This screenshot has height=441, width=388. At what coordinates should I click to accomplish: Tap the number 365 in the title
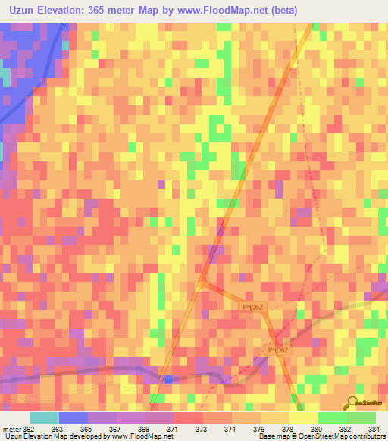point(99,10)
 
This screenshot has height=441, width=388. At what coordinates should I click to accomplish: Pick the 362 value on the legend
point(29,429)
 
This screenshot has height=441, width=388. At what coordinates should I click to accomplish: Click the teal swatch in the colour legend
point(45,418)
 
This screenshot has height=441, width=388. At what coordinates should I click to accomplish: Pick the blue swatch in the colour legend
point(74,418)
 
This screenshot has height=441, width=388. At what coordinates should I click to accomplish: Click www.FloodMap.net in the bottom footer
point(130,436)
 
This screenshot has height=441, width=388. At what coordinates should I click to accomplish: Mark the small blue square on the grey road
point(168,379)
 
